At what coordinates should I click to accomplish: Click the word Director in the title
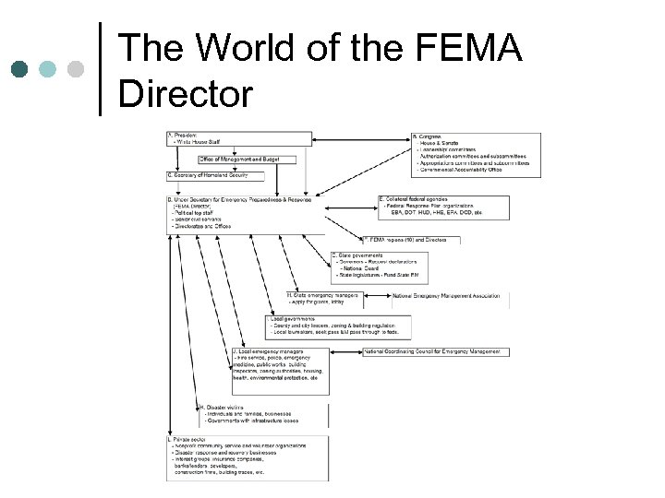(187, 92)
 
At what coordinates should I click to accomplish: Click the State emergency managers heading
(323, 295)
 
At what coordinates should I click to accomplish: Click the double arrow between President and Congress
(361, 139)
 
